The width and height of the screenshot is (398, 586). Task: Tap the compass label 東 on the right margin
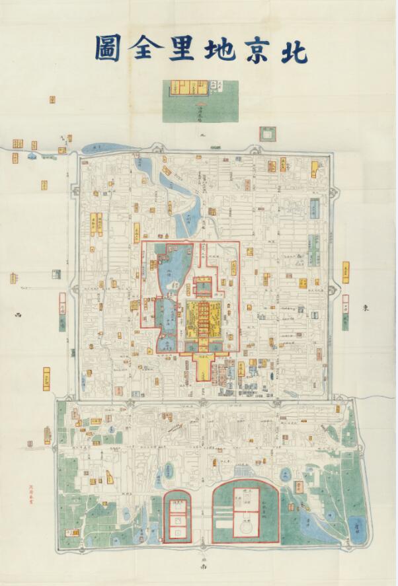pyautogui.click(x=364, y=307)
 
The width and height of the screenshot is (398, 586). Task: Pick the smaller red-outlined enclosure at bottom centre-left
pyautogui.click(x=178, y=519)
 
